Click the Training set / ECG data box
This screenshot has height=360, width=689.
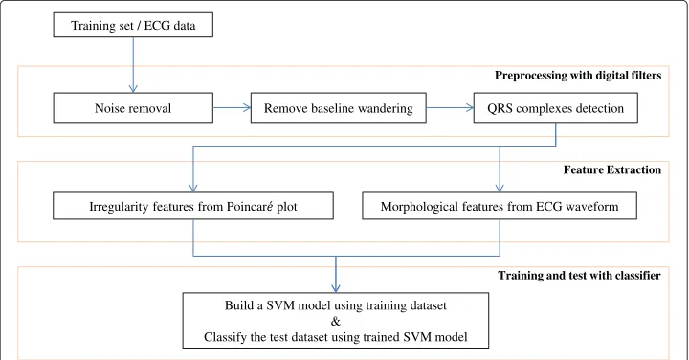133,25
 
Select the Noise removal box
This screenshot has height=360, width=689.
133,107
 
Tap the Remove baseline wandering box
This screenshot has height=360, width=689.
339,107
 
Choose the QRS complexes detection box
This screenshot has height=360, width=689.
555,107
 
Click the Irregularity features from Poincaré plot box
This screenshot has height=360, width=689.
193,206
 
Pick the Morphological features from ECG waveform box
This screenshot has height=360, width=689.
500,206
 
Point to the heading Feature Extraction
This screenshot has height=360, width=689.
612,169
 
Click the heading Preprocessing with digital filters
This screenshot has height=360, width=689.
578,76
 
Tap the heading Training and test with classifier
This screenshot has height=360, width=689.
579,275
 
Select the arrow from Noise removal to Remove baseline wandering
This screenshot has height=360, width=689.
232,107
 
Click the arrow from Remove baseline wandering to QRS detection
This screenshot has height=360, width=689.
450,107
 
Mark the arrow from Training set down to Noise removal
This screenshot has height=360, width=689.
133,65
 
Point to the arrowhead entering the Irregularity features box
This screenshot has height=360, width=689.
193,188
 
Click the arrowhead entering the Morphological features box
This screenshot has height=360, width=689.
500,188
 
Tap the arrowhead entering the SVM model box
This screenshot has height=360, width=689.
336,288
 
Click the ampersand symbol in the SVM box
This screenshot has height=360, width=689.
336,322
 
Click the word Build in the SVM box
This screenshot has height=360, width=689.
236,305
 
